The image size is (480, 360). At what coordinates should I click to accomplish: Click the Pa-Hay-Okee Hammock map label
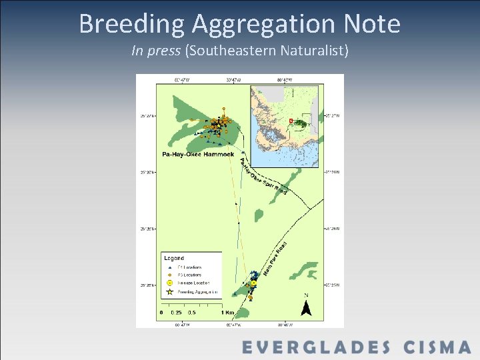click(x=198, y=155)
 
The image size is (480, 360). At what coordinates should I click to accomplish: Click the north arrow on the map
click(x=306, y=306)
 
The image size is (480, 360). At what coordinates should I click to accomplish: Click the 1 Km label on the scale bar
click(x=227, y=312)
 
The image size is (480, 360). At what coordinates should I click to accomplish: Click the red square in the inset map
click(x=291, y=121)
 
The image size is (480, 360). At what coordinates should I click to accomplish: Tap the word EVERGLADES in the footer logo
click(x=316, y=347)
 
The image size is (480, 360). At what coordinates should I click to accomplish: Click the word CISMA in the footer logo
click(x=437, y=347)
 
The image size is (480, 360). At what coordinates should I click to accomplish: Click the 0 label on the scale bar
click(x=161, y=312)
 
